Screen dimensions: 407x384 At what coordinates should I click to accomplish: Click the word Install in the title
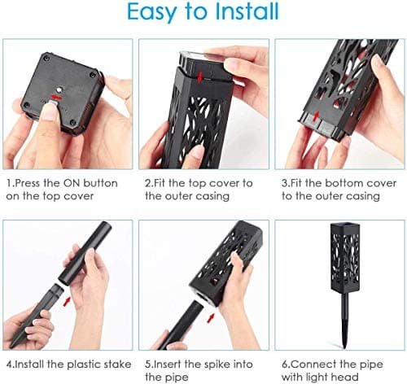coord(247,11)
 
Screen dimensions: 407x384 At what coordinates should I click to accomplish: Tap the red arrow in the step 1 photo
coord(56,97)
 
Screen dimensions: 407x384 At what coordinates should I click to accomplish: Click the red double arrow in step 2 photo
coord(200,76)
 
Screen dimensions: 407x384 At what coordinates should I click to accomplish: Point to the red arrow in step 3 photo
coord(316,116)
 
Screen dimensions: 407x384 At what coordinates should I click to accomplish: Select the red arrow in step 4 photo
coord(67,302)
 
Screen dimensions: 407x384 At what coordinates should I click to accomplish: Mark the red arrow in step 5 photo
coord(210,318)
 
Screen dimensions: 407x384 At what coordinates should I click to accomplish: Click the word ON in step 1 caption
coord(72,183)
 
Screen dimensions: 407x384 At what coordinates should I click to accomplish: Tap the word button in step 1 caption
coord(100,183)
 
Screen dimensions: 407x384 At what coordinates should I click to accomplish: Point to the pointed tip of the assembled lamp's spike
coord(344,347)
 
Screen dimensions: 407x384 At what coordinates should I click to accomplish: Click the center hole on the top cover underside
coord(59,89)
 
